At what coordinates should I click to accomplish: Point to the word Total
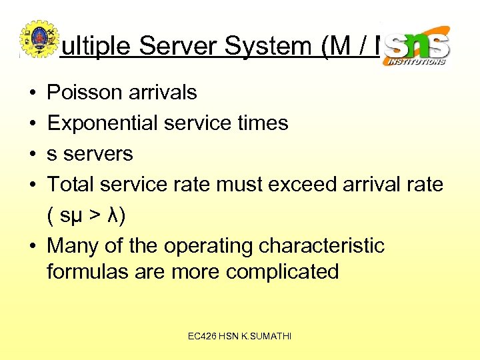click(72, 184)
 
